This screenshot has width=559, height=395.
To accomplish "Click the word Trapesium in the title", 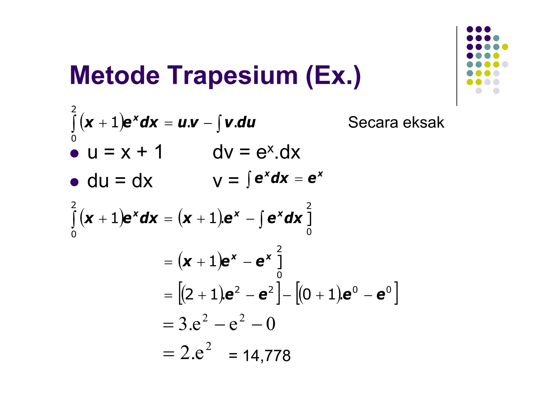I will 232,76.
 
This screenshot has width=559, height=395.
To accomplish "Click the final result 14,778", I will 266,356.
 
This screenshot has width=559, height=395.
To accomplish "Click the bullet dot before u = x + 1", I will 74,153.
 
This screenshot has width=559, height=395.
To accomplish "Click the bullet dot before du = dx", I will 74,182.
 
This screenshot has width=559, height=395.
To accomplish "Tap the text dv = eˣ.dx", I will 256,152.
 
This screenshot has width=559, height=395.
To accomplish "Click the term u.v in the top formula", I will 188,123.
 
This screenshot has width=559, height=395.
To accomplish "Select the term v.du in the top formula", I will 240,123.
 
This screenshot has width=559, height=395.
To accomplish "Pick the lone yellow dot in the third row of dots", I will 505,47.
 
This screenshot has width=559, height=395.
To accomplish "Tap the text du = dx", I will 120,181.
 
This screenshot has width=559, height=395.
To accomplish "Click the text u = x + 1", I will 125,152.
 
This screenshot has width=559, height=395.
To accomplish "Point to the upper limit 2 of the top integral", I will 74,109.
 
